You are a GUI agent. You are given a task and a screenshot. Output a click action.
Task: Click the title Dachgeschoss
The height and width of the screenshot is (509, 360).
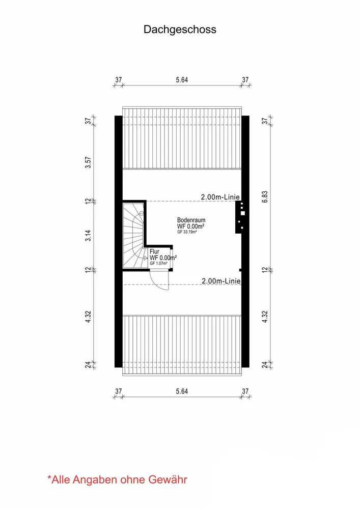[180, 30]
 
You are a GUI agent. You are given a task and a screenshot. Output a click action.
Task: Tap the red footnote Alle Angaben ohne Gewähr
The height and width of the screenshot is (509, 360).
[117, 479]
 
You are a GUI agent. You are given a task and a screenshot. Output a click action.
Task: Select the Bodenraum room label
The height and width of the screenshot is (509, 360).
[191, 220]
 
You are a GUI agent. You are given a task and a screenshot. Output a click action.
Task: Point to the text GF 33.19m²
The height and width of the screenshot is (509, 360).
[187, 232]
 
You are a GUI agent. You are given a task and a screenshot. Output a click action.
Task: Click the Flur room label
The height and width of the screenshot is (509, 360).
[154, 251]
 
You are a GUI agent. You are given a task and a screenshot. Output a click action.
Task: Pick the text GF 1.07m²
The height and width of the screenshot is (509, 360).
[158, 263]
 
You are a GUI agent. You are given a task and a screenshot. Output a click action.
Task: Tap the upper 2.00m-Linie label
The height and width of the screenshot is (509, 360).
[220, 196]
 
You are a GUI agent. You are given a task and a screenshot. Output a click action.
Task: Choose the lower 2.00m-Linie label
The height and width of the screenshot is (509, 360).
[221, 281]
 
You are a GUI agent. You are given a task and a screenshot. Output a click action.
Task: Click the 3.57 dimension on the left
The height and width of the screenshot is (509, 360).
[88, 162]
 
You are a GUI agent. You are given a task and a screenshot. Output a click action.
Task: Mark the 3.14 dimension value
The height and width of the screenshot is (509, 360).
[88, 235]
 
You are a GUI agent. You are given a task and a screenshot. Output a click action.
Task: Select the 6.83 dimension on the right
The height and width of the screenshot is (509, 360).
[265, 196]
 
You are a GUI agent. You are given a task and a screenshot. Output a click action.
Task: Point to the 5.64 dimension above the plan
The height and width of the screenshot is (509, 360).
[182, 80]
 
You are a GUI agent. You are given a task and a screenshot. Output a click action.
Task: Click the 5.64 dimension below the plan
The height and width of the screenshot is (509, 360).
[182, 391]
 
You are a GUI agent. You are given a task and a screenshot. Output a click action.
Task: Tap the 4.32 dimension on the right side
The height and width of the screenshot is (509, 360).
[265, 317]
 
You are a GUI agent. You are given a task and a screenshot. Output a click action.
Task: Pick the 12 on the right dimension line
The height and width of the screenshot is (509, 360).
[265, 270]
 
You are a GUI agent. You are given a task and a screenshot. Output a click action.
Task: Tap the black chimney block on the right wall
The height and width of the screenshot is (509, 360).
[240, 217]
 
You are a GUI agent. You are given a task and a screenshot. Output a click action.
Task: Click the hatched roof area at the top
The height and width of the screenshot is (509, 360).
[182, 137]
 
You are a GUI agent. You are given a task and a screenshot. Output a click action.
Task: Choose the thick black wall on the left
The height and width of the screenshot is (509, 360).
[119, 241]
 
